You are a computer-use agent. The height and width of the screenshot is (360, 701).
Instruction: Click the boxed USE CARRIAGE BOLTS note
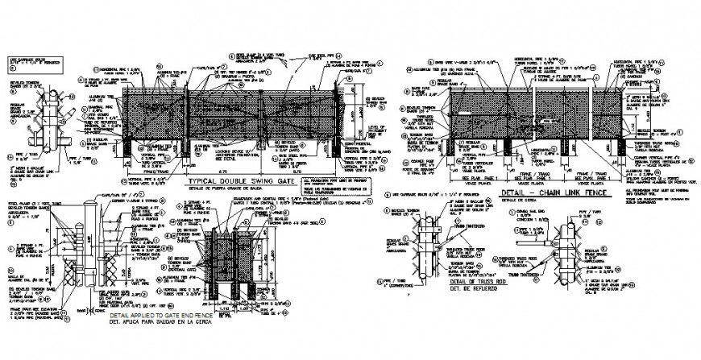point(29,62)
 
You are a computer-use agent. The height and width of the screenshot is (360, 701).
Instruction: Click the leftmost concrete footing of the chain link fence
point(453,145)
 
